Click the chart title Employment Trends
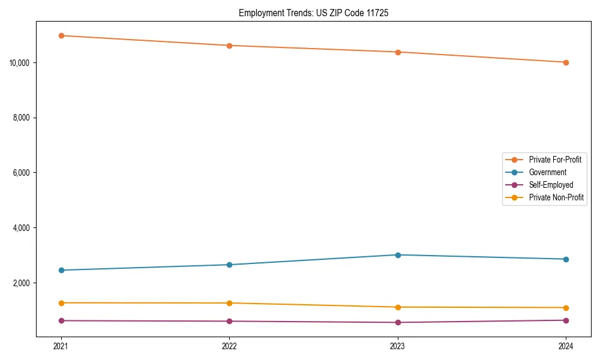313,13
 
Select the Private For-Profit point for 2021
61,35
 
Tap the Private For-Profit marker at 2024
566,62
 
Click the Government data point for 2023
398,255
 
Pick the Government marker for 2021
61,270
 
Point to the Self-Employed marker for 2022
229,321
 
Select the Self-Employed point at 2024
566,320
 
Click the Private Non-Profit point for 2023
398,307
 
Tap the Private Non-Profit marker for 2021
61,303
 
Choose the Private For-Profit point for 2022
229,46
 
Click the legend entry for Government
547,172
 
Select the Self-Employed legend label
551,185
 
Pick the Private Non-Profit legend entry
556,197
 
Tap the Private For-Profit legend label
555,160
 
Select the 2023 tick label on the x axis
398,346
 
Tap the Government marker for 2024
566,259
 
